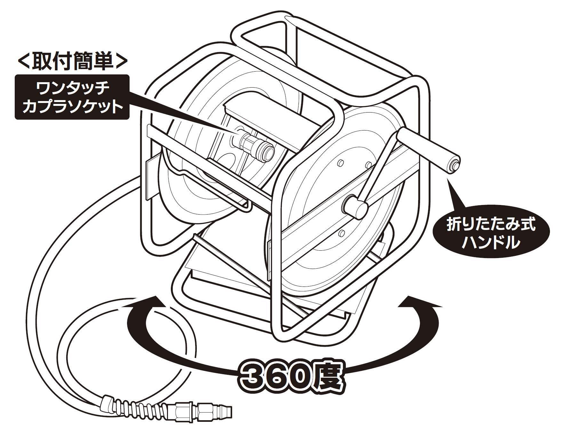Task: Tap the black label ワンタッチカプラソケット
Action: tap(72, 97)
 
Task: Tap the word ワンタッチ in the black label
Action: tap(72, 88)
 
